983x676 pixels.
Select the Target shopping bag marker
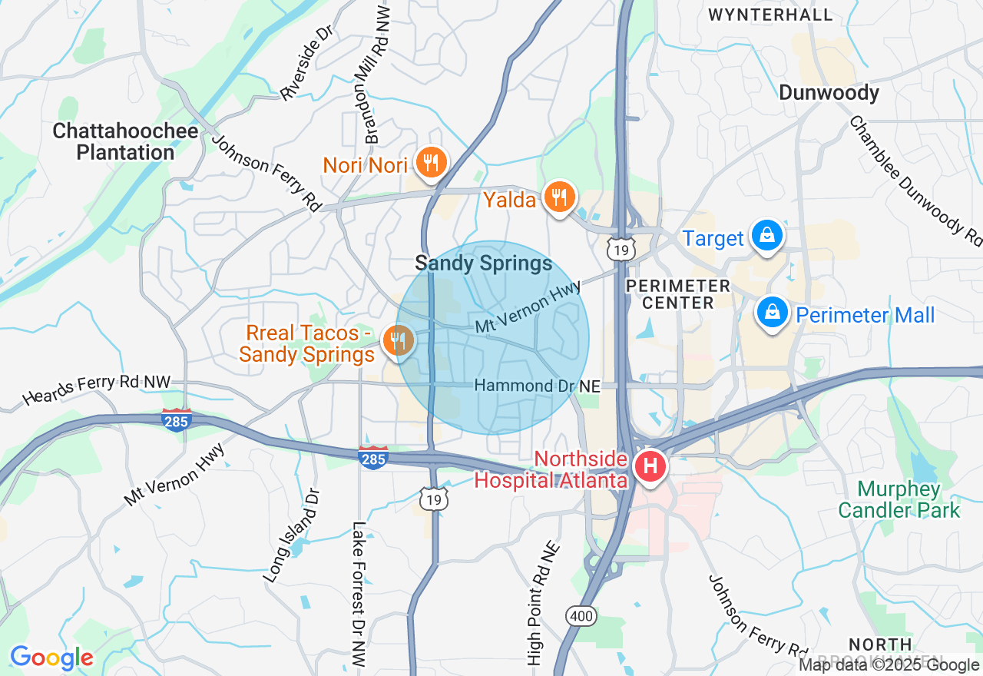(766, 237)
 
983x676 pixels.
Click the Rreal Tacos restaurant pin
(398, 340)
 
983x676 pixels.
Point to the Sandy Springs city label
(483, 263)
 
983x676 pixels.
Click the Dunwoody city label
(829, 93)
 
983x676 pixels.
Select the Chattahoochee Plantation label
(125, 141)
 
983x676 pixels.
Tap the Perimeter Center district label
(677, 294)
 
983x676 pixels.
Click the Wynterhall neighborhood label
(770, 15)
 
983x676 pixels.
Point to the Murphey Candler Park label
(899, 499)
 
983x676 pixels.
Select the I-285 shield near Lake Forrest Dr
(373, 458)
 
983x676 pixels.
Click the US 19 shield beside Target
(620, 248)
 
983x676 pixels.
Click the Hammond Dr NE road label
(537, 386)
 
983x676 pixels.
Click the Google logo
(51, 658)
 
